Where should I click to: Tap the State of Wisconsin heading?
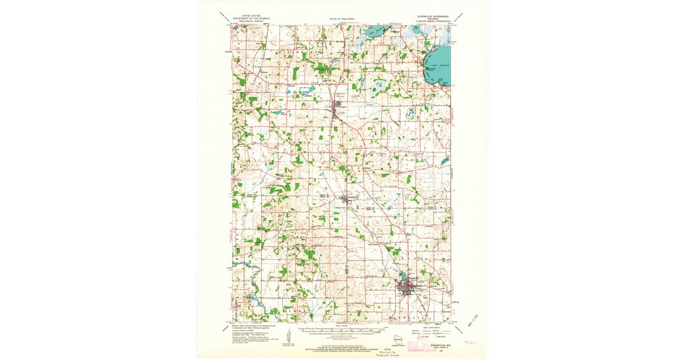[x=342, y=19]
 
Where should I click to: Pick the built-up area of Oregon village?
[x=336, y=109]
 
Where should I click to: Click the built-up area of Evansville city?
[x=409, y=286]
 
